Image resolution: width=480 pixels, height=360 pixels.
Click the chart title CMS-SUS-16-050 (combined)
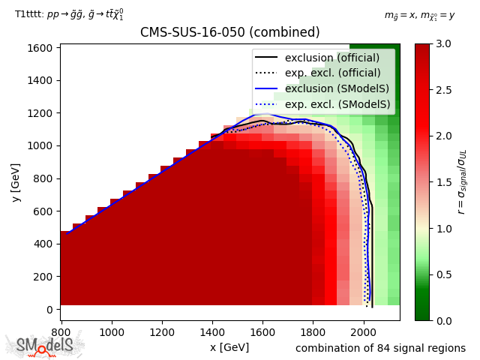coord(229,33)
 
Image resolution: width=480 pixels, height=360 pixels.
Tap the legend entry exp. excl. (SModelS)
coord(338,105)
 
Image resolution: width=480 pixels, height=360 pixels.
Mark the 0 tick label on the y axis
coord(49,309)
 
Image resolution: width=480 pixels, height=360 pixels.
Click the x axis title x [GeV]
coord(229,347)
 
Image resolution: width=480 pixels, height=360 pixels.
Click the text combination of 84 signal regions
coord(380,348)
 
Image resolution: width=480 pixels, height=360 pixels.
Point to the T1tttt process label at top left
coord(69,14)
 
